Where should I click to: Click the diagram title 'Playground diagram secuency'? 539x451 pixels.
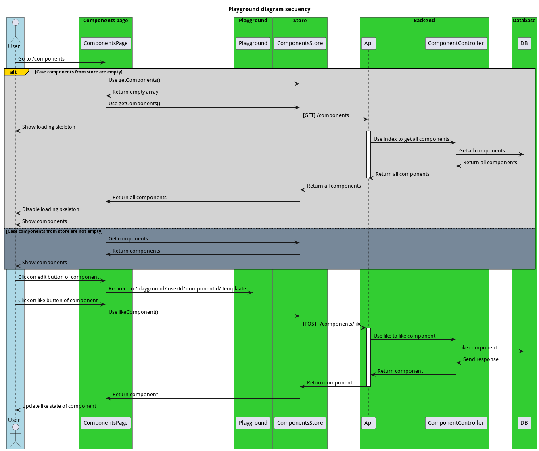coord(269,9)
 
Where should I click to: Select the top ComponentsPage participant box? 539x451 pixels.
coord(106,43)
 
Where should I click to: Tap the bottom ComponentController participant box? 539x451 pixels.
coord(456,423)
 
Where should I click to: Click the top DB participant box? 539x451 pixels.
coord(524,43)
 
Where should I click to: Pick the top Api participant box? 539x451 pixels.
coord(368,43)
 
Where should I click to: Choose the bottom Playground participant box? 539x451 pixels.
coord(253,423)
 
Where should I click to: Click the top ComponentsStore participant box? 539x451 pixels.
coord(300,43)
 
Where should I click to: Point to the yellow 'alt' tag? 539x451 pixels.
coord(14,72)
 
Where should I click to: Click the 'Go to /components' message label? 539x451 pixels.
coord(41,59)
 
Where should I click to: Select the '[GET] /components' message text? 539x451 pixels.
coord(326,115)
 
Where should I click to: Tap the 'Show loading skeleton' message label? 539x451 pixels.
coord(49,127)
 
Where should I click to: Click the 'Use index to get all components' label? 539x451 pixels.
coord(412,139)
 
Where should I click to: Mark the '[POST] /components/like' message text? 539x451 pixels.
coord(332,324)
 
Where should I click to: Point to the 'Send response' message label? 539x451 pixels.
coord(481,359)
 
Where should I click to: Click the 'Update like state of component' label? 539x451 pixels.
coord(59,406)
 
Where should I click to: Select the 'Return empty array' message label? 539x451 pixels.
coord(136,92)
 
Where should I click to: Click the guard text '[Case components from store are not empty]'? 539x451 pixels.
coord(54,232)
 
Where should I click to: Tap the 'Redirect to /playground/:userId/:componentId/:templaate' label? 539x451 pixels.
coord(177,289)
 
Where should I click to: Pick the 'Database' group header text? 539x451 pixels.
coord(524,21)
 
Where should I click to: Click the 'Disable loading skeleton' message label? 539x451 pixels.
coord(51,209)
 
